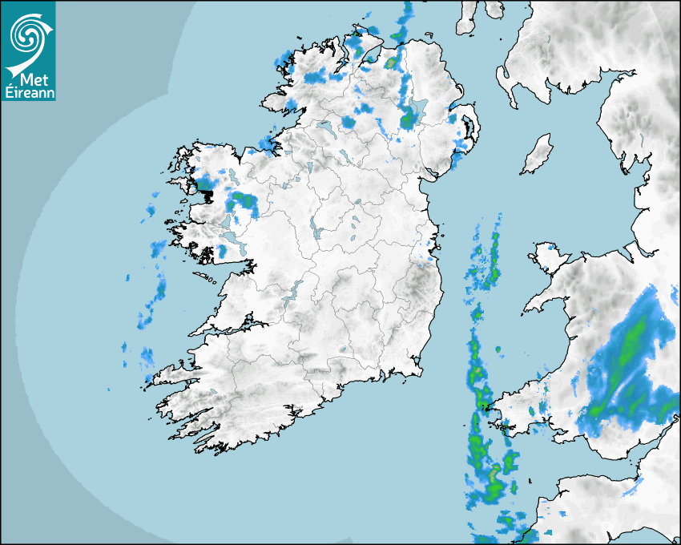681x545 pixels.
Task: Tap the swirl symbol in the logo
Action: click(27, 32)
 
